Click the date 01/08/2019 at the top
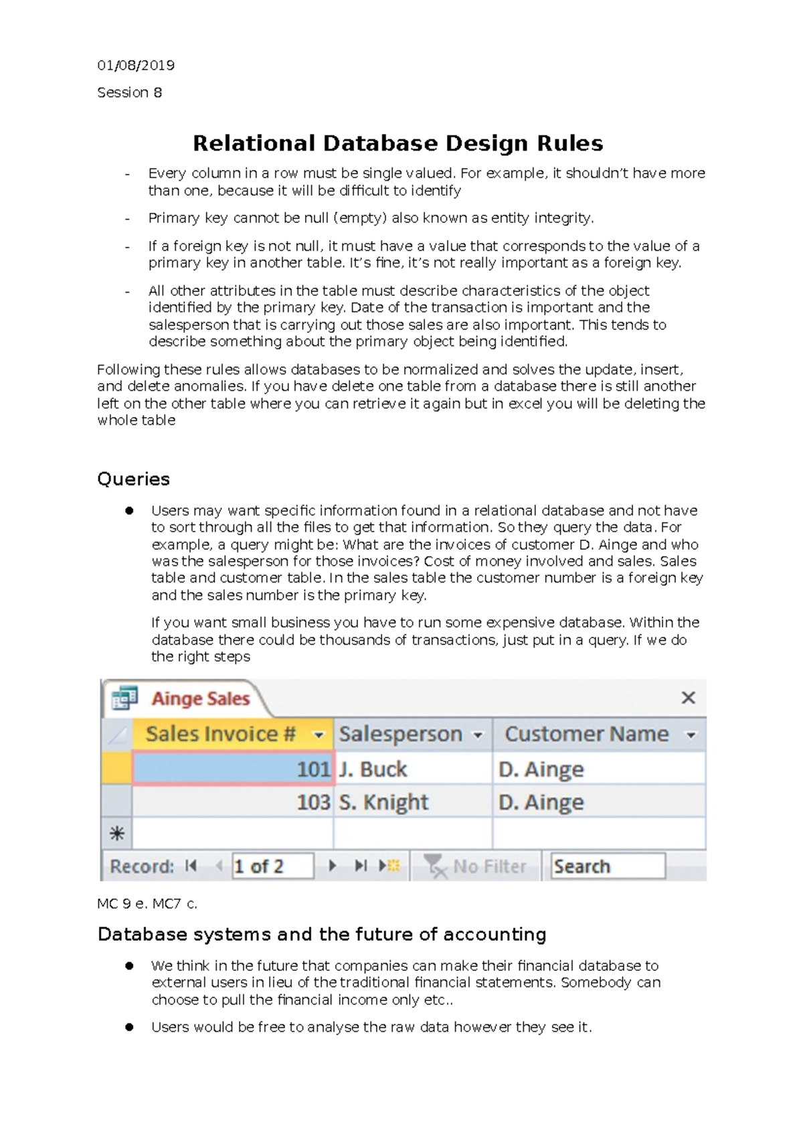click(x=136, y=65)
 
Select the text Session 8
click(x=129, y=92)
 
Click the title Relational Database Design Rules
click(x=397, y=143)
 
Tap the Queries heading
click(x=133, y=479)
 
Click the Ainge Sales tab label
click(x=200, y=698)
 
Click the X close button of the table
click(x=688, y=698)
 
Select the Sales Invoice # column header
click(x=221, y=734)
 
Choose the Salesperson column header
click(x=400, y=734)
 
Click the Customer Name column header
click(x=586, y=734)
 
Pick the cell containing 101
click(x=233, y=769)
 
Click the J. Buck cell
click(x=412, y=769)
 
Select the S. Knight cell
click(x=412, y=802)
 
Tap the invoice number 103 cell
click(x=233, y=802)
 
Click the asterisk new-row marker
click(x=116, y=834)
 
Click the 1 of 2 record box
click(x=272, y=866)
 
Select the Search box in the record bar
click(x=607, y=866)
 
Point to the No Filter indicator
click(x=476, y=866)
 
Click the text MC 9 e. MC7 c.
click(x=147, y=904)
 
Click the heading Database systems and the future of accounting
click(x=322, y=934)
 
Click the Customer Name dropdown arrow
click(x=691, y=735)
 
